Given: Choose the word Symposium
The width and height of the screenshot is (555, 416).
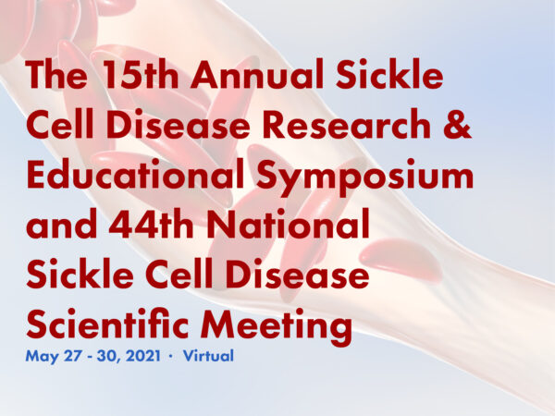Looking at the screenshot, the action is point(365,177).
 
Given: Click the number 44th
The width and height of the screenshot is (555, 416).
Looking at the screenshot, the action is point(151,223).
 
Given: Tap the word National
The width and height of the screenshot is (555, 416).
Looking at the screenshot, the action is point(288,223).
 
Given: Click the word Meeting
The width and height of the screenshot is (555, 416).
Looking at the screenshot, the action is point(277,325).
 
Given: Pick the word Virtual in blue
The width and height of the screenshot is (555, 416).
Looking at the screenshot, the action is point(208,356).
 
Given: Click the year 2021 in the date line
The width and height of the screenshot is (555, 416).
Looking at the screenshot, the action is point(143,356).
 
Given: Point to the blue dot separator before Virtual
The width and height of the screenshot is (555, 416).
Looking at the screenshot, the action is point(171,356).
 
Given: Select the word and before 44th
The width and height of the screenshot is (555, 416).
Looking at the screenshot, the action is point(62,223).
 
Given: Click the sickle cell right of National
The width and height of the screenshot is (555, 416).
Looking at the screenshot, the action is point(401,259).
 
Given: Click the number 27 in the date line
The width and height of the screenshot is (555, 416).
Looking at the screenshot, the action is point(72,356).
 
